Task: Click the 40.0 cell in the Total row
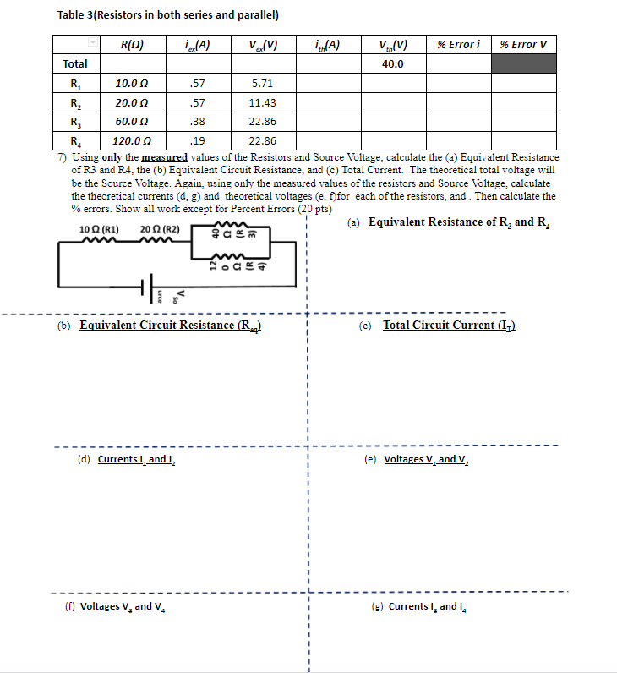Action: coord(393,63)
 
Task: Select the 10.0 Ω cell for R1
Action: coord(132,84)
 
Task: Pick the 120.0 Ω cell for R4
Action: coord(132,141)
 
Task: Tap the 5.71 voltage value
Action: coord(262,84)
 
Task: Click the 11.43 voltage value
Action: coord(262,102)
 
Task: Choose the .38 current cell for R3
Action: coord(197,122)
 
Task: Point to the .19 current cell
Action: coord(197,141)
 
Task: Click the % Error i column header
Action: coord(458,44)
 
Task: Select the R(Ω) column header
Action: coord(132,44)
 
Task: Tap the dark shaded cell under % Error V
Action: coord(523,63)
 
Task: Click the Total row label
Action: coord(75,63)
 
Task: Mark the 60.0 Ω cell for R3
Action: coord(132,122)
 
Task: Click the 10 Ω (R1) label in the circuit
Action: coord(99,230)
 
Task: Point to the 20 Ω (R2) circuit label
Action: coord(160,230)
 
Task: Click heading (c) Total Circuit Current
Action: coord(448,326)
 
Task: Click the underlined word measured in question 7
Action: coord(163,157)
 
